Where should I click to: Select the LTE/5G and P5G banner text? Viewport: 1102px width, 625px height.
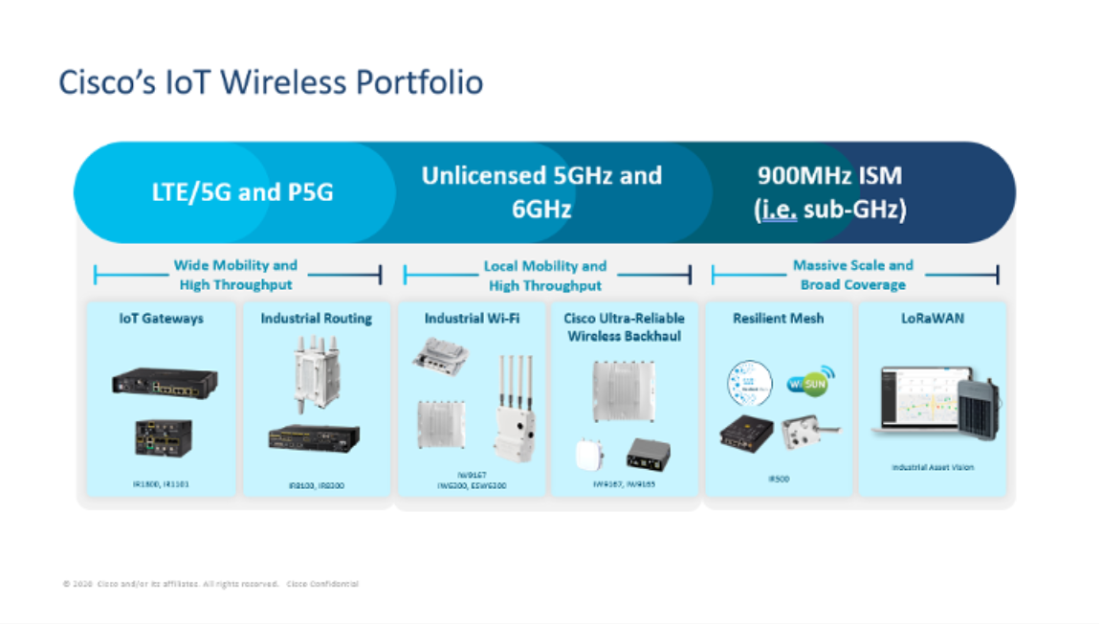[243, 192]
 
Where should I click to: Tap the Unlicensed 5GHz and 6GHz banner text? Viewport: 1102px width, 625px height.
[541, 191]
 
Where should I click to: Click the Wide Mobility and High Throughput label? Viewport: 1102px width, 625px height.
[235, 275]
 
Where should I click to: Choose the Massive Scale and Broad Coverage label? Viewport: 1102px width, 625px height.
[852, 275]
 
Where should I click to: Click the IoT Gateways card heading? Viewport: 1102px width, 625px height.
[162, 319]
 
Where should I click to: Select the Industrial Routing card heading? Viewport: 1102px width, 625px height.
[317, 319]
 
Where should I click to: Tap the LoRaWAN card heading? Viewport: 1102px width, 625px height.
[932, 319]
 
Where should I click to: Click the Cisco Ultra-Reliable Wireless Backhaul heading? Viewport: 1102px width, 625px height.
[626, 327]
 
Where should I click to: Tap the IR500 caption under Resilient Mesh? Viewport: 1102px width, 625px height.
[778, 479]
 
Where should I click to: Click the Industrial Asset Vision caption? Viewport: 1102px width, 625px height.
[932, 467]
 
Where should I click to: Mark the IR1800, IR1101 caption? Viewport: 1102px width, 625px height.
[161, 485]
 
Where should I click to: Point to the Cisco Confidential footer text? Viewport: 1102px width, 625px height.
[322, 584]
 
